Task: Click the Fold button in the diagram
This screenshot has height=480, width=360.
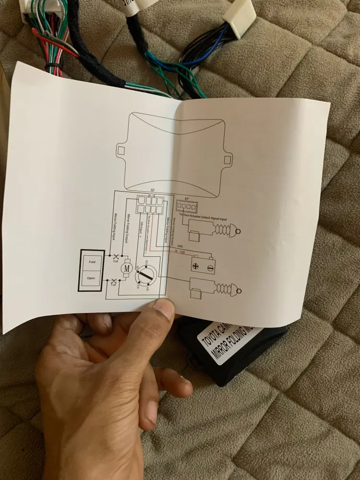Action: (92, 263)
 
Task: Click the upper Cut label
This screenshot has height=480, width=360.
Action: (116, 261)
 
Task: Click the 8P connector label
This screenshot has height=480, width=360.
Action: (153, 191)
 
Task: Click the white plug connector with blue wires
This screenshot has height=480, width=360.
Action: (240, 18)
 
